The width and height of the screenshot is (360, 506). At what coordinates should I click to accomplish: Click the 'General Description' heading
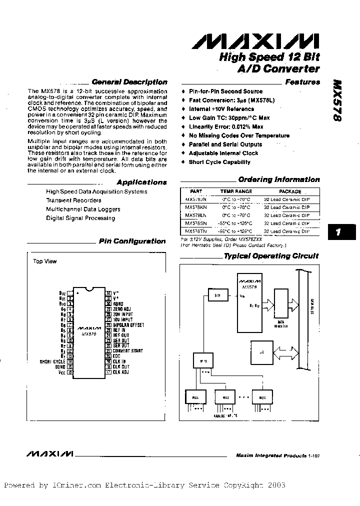point(129,81)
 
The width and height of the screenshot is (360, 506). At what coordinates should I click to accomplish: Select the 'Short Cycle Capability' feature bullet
point(219,162)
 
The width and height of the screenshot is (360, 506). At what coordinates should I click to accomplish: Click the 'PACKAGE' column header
point(290,191)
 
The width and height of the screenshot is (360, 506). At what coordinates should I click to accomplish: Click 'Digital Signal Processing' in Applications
point(80,218)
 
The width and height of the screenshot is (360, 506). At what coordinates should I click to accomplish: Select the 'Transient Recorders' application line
point(73,200)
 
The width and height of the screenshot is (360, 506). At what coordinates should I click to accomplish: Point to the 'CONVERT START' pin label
point(127,351)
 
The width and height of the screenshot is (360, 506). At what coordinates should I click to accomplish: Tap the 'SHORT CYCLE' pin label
point(52,361)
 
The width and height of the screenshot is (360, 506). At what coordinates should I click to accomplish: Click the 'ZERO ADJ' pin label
point(122,309)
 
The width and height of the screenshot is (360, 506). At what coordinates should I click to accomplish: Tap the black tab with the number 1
point(338,232)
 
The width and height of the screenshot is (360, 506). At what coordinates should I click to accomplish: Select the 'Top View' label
point(45,261)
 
